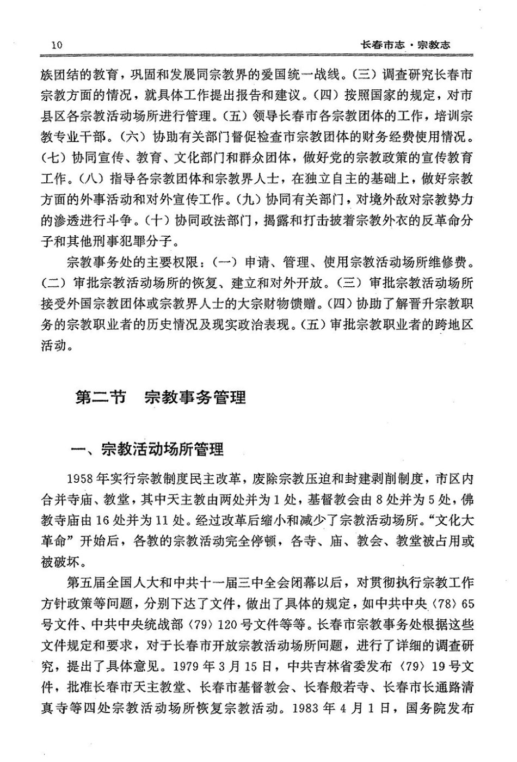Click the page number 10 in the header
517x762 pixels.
click(57, 45)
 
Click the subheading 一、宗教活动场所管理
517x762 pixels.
click(148, 450)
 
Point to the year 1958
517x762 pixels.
click(79, 479)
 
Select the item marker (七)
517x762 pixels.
click(53, 158)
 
